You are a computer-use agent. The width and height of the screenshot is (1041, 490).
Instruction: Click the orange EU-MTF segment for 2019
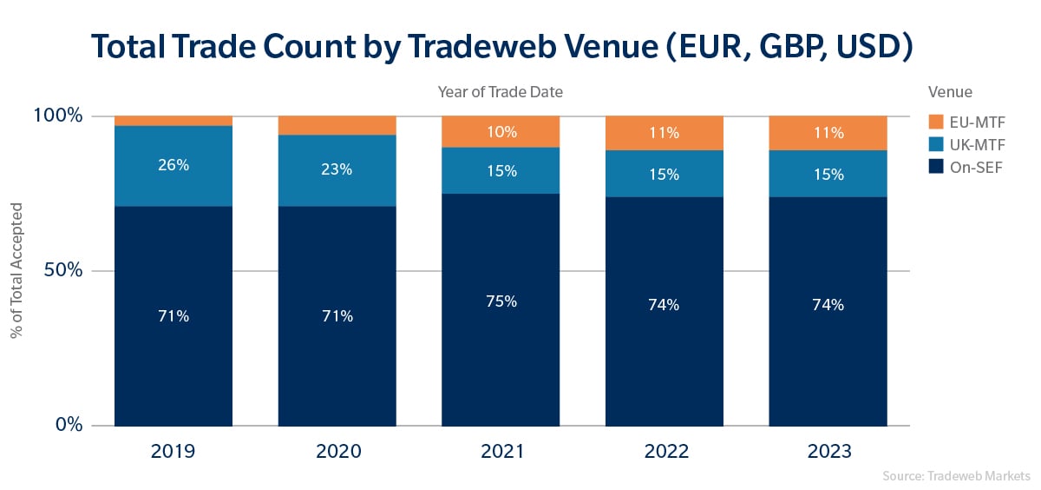tap(173, 121)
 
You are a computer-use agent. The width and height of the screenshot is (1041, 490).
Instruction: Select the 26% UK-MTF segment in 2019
tap(173, 165)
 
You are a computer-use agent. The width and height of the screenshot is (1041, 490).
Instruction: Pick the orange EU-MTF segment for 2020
tap(337, 125)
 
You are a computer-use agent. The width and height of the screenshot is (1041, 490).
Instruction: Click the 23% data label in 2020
tap(337, 170)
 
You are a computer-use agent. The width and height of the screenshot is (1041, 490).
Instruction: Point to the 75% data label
tap(501, 301)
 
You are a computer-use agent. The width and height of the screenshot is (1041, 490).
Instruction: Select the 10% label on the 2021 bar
tap(501, 132)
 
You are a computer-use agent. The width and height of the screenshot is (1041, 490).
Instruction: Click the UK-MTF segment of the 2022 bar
tap(665, 174)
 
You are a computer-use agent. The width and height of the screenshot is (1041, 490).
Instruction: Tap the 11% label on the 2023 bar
tap(828, 133)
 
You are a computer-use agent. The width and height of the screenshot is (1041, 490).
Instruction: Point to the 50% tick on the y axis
tap(62, 270)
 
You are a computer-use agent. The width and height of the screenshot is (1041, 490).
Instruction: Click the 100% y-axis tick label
tap(58, 116)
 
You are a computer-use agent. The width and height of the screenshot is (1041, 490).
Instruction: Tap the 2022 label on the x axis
tap(665, 452)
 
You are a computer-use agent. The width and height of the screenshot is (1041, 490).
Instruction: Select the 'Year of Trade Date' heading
tap(501, 90)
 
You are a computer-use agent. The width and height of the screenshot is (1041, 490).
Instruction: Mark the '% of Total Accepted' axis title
tap(16, 269)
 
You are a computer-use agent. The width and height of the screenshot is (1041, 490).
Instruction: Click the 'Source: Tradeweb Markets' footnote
tap(956, 476)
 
